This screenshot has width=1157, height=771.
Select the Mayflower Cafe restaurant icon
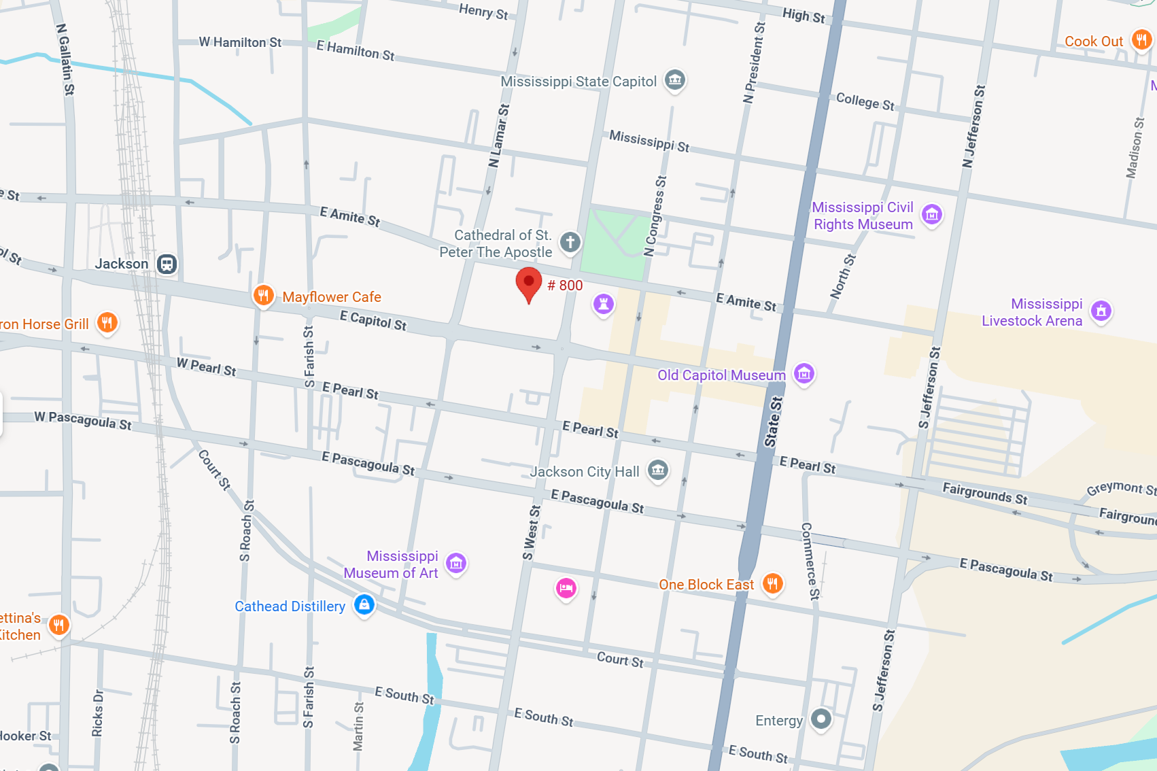point(264,296)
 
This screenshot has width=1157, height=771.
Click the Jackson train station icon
point(167,264)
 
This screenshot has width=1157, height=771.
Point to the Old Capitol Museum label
point(721,375)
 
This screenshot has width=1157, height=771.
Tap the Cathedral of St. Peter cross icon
point(570,242)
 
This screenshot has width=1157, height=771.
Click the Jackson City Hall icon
point(657,470)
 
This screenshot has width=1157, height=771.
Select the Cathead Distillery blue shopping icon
point(364,604)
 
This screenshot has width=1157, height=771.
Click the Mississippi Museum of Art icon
point(456,564)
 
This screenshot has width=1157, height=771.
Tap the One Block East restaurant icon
point(772,583)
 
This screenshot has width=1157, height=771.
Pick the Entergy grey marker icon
point(821,719)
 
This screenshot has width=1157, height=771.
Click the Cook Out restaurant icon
point(1141,40)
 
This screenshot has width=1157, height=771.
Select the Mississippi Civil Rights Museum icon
point(932,215)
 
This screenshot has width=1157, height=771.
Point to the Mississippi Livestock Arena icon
point(1101,311)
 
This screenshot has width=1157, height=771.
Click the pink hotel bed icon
point(566,588)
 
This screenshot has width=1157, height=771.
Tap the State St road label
point(774,422)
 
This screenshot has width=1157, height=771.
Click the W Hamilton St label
point(240,42)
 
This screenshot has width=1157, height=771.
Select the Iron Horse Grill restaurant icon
point(107,323)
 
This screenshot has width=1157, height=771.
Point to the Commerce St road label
point(810,561)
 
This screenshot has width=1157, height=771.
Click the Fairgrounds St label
point(984,493)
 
